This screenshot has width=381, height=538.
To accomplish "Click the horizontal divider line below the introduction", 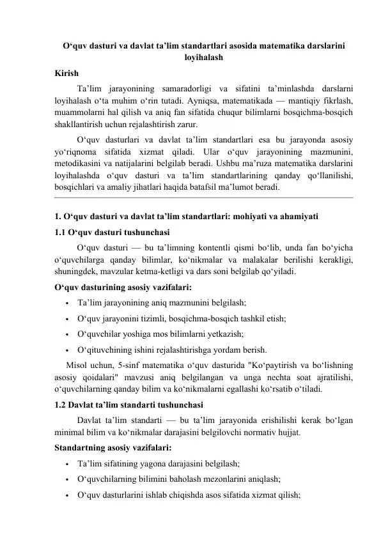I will click(x=203, y=199).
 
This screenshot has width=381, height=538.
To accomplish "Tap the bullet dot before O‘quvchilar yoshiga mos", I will click(x=66, y=334).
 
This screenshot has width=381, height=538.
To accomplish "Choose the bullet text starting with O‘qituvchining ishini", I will click(x=172, y=350).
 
